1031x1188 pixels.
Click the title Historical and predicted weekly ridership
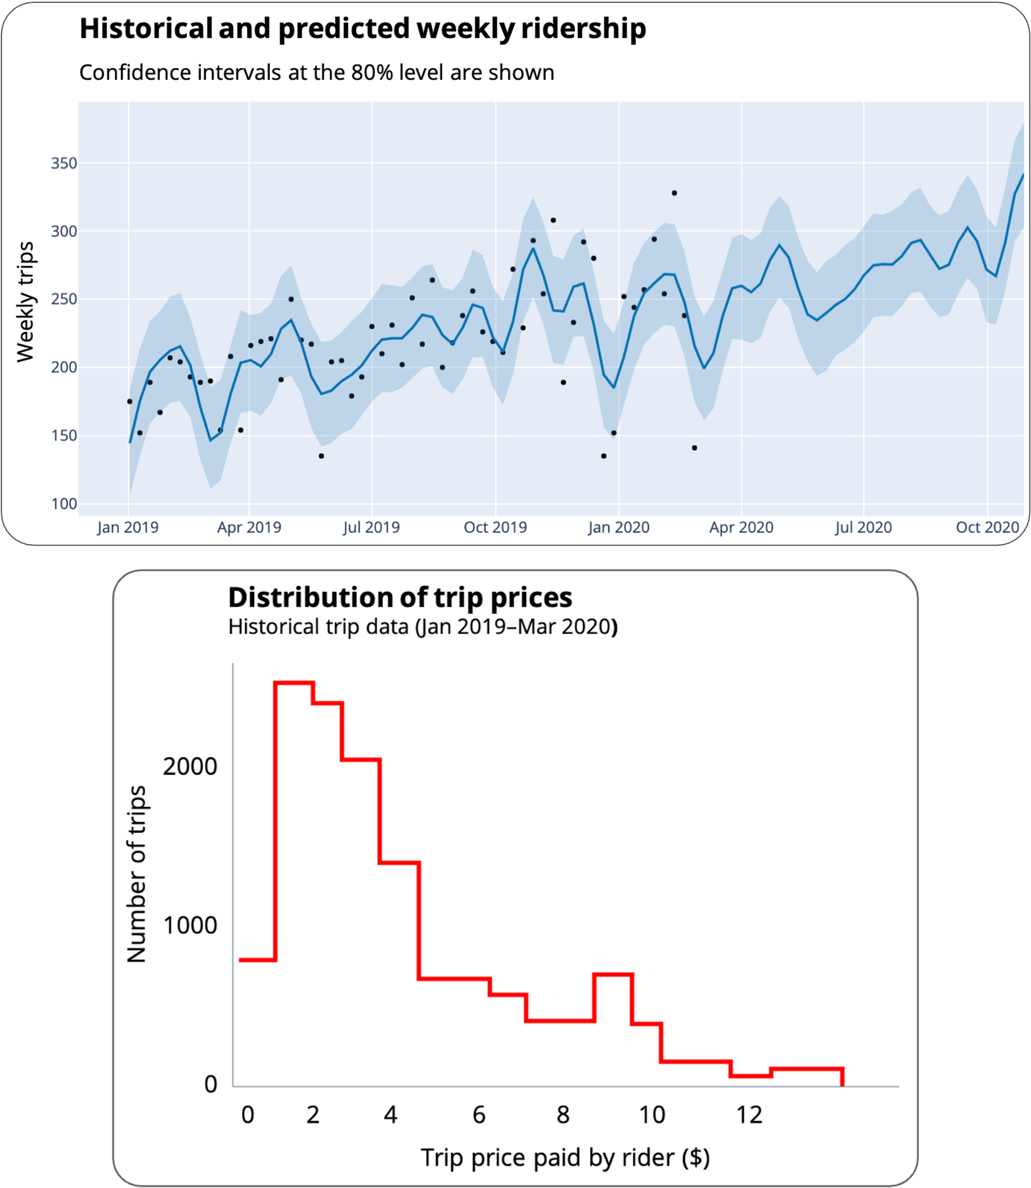362,29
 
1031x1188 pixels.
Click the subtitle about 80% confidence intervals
316,73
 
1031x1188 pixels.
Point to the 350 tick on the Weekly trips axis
64,163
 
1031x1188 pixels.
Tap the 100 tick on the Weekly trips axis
64,504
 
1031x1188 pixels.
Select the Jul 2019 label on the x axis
371,527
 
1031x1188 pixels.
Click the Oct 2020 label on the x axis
987,527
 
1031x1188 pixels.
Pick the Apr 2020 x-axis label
741,527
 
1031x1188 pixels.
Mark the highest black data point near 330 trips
674,193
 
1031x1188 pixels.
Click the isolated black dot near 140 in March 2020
694,448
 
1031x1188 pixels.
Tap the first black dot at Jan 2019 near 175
129,401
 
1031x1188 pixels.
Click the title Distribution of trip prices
400,597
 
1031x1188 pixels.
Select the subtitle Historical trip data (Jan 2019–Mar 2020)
423,626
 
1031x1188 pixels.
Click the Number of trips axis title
137,874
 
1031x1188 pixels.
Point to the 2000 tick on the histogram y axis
190,766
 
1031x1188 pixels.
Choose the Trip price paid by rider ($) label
565,1157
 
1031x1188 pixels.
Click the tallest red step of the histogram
294,683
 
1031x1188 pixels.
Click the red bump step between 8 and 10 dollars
613,974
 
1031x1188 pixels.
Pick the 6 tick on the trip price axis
479,1115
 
